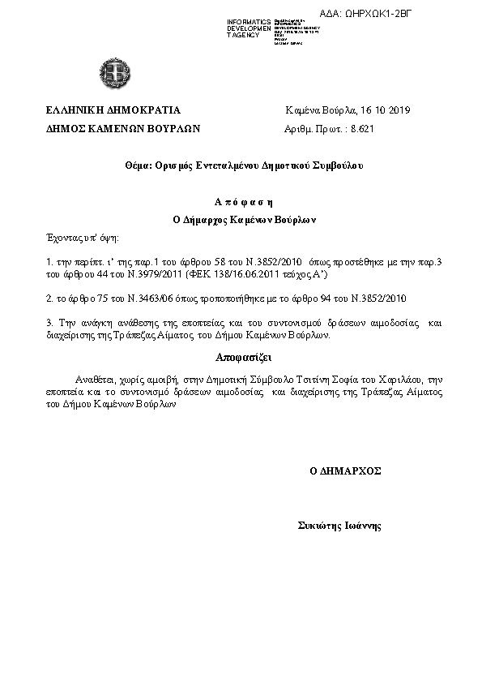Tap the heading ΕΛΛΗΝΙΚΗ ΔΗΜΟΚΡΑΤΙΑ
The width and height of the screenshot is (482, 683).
point(113,110)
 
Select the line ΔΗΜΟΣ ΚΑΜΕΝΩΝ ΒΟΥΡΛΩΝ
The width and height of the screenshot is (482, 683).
point(122,128)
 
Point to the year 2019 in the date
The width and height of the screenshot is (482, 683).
point(400,110)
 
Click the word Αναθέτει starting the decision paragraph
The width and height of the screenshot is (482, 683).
point(93,379)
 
